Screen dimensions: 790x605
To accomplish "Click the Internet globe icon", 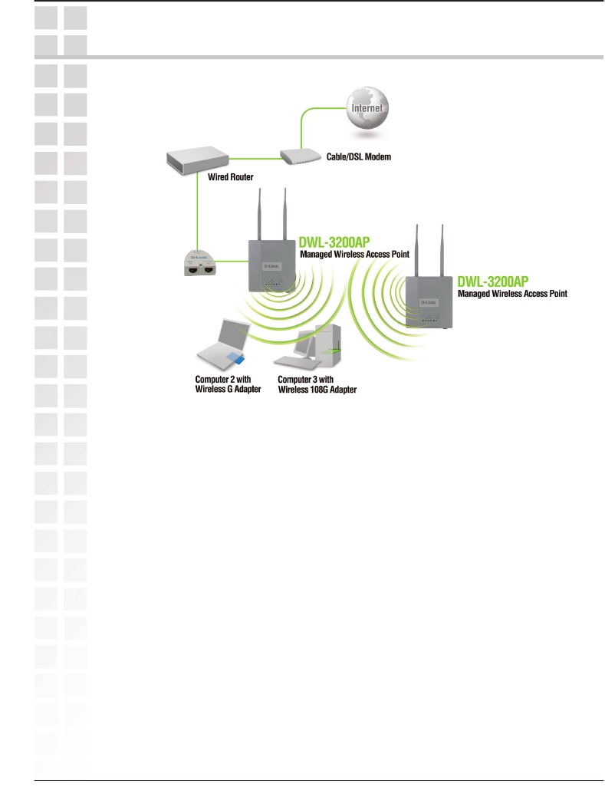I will [x=367, y=107].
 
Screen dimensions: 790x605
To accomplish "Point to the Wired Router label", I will [x=230, y=176].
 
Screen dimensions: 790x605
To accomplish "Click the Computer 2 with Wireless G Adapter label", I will [x=229, y=383].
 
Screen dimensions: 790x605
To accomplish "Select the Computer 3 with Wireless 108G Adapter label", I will [x=317, y=383].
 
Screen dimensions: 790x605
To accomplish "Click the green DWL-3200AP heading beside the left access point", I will [x=334, y=240].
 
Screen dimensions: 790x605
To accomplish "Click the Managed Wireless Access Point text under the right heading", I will [x=512, y=293].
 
